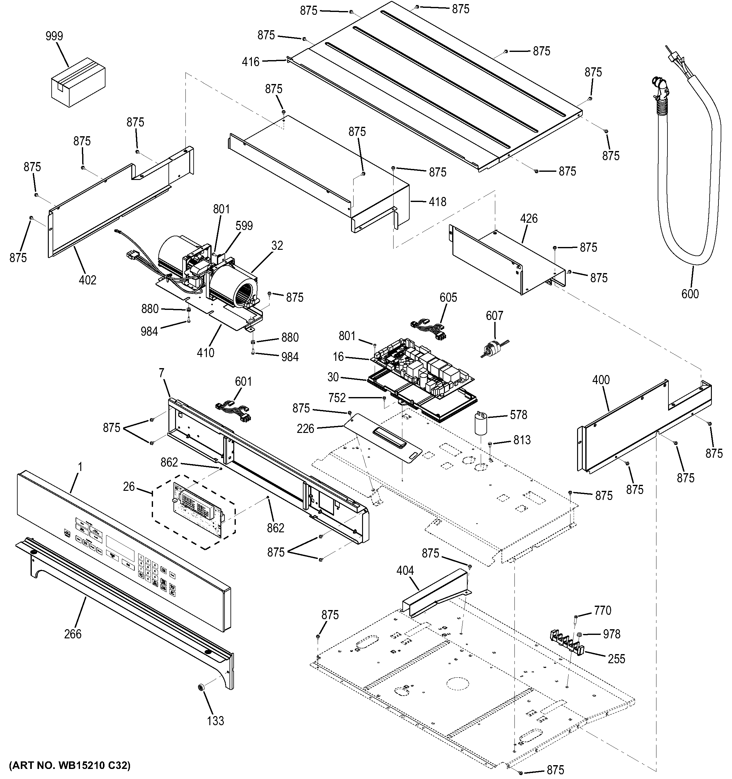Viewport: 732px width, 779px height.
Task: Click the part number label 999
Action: click(x=54, y=36)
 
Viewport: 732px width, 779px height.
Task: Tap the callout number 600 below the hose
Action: click(x=690, y=294)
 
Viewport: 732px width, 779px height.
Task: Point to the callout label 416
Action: click(x=251, y=62)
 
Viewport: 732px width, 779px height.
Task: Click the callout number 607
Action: click(x=494, y=316)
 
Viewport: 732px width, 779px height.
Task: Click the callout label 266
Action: click(x=73, y=634)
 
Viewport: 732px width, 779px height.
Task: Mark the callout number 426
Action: click(x=529, y=219)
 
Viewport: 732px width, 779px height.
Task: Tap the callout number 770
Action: click(x=602, y=610)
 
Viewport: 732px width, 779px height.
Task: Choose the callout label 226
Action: click(x=305, y=429)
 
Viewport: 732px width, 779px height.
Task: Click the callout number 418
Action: click(x=437, y=202)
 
